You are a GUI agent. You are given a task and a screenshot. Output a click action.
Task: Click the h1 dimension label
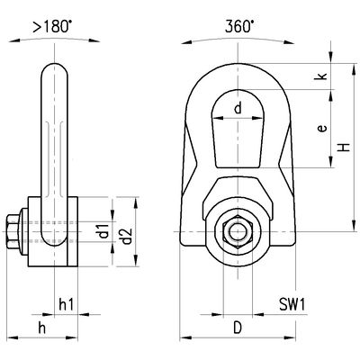tap(64, 302)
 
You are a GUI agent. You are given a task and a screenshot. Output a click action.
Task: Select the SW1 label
tap(289, 302)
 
